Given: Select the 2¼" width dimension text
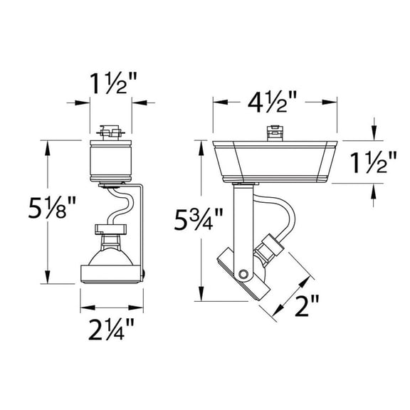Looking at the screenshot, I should tap(110, 331).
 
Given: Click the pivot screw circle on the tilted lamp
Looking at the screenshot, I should tap(244, 274).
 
